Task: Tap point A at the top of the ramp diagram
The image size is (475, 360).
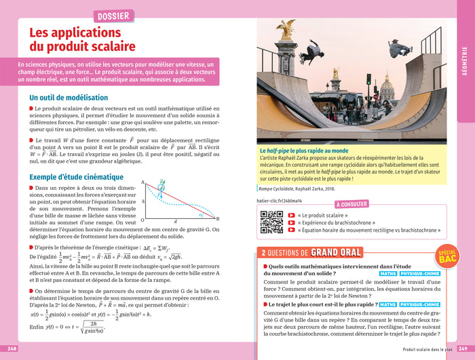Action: point(143,182)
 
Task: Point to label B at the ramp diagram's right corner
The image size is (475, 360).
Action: point(217,218)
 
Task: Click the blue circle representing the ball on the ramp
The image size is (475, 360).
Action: point(162,190)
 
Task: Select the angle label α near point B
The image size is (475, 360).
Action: point(200,214)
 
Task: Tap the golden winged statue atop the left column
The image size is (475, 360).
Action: point(286,29)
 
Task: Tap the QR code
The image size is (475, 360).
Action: point(271,222)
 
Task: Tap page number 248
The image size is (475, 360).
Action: point(12,348)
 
